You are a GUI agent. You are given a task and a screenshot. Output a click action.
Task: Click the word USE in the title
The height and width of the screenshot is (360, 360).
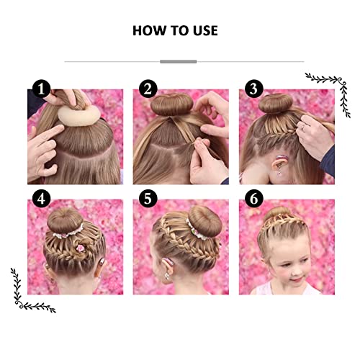coord(205,31)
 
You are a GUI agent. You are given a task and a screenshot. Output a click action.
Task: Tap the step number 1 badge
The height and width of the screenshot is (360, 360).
coord(41,89)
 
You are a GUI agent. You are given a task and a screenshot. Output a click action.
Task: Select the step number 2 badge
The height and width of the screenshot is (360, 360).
coord(148,89)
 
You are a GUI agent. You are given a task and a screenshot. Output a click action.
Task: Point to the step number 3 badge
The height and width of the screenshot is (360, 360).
coord(254,89)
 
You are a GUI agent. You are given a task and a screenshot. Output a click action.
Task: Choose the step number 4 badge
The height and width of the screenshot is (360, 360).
coord(41,199)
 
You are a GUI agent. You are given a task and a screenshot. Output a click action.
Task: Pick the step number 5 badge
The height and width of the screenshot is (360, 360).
coord(148,199)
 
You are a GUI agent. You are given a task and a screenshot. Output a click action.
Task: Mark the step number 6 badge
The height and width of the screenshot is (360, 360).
coord(254,199)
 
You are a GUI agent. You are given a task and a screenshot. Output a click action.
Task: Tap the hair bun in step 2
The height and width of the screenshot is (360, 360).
coord(171,104)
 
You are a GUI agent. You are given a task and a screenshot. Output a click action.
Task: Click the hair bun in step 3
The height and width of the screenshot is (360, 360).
coord(276,103)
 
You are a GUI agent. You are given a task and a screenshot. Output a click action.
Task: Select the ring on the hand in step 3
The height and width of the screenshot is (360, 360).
coord(304,127)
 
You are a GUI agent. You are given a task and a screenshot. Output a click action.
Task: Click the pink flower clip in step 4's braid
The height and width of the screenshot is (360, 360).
coord(81,248)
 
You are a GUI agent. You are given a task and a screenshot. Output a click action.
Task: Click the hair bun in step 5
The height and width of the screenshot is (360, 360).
coord(206,221)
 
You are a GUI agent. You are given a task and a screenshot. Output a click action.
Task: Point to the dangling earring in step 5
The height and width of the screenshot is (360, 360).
coord(167,276)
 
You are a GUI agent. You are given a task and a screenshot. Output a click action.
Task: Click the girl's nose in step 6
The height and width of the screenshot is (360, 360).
coord(294,271)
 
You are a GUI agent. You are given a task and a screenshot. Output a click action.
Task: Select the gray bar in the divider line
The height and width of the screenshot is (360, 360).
coord(179,62)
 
